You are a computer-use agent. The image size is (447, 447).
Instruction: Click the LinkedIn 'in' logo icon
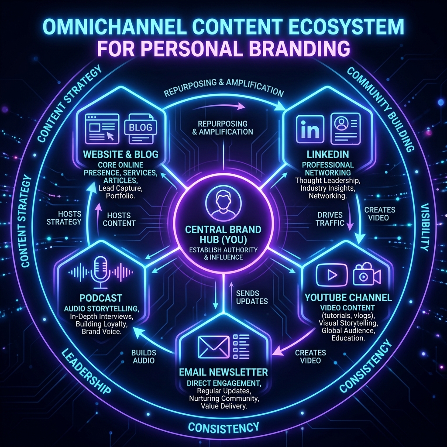click(x=310, y=129)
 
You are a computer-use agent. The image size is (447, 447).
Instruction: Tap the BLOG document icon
click(x=141, y=128)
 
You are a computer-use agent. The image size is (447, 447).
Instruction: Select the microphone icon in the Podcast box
click(x=100, y=272)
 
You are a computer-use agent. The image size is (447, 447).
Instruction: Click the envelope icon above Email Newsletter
click(x=213, y=347)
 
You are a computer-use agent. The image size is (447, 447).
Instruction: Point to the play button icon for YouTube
click(x=332, y=275)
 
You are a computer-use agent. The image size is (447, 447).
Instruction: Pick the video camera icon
click(x=367, y=274)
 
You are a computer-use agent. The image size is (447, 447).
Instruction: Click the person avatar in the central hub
click(x=223, y=203)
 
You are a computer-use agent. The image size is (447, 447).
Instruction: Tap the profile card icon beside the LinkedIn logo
click(x=346, y=129)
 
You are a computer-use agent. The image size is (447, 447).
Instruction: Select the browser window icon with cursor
click(x=102, y=128)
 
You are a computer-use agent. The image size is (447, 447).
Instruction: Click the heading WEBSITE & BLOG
click(x=120, y=154)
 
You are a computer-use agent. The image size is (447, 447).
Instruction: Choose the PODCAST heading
click(x=101, y=298)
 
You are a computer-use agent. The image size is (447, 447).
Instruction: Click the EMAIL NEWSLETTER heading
click(x=223, y=372)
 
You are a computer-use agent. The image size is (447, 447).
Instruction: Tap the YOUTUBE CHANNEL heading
click(x=348, y=298)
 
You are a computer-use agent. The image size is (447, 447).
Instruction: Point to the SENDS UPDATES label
click(x=252, y=297)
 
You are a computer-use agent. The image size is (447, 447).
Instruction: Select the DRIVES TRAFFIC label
click(x=330, y=219)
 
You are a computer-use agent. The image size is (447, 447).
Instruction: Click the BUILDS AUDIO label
click(x=144, y=357)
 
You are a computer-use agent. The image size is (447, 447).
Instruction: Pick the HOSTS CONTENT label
click(x=119, y=219)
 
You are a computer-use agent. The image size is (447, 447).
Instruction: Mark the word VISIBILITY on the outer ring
click(x=425, y=227)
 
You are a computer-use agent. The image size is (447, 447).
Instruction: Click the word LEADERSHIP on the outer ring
click(x=86, y=371)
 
